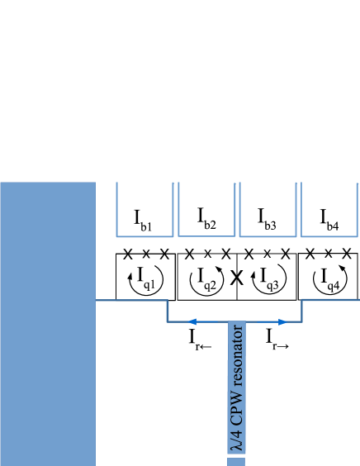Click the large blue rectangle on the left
click(48, 323)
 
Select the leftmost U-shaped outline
click(144, 235)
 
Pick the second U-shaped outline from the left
click(206, 235)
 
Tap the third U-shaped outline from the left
click(268, 235)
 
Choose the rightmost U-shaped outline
click(329, 235)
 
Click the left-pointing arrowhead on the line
click(192, 321)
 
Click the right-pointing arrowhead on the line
click(282, 321)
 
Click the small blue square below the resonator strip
click(236, 462)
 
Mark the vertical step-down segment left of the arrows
click(168, 311)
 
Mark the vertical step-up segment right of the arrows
click(301, 311)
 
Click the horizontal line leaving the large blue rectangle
click(132, 300)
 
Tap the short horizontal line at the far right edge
click(330, 300)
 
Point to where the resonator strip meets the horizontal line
click(237, 322)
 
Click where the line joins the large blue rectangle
click(97, 300)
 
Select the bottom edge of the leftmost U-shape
click(144, 236)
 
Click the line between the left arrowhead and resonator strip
click(211, 321)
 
